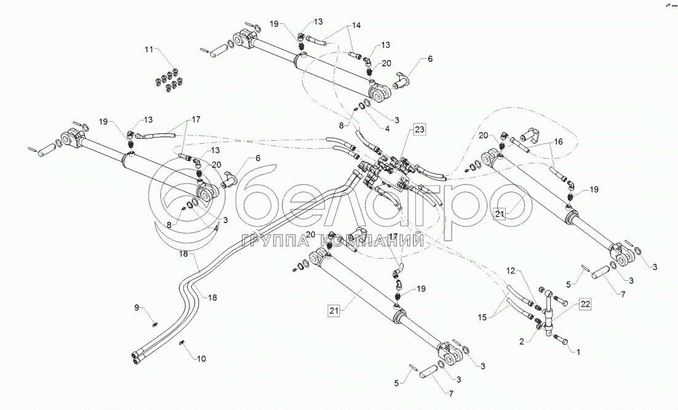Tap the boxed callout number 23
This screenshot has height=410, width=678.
pyautogui.click(x=419, y=129)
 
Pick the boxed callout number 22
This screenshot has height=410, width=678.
pyautogui.click(x=585, y=303)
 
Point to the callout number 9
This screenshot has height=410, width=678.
pyautogui.click(x=138, y=307)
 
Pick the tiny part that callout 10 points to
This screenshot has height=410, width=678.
pyautogui.click(x=183, y=344)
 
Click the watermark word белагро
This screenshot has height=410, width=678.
pyautogui.click(x=381, y=206)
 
